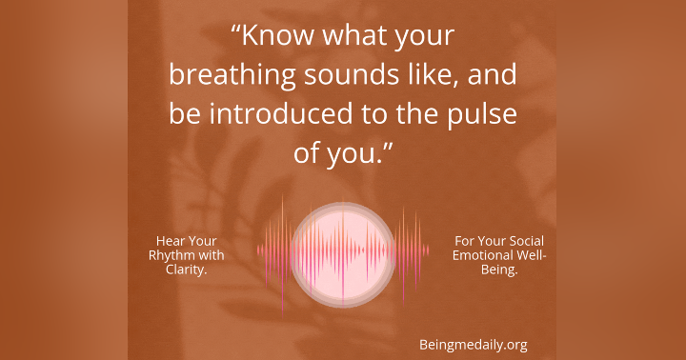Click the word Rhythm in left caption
tap(171, 254)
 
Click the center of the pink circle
tap(342, 250)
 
